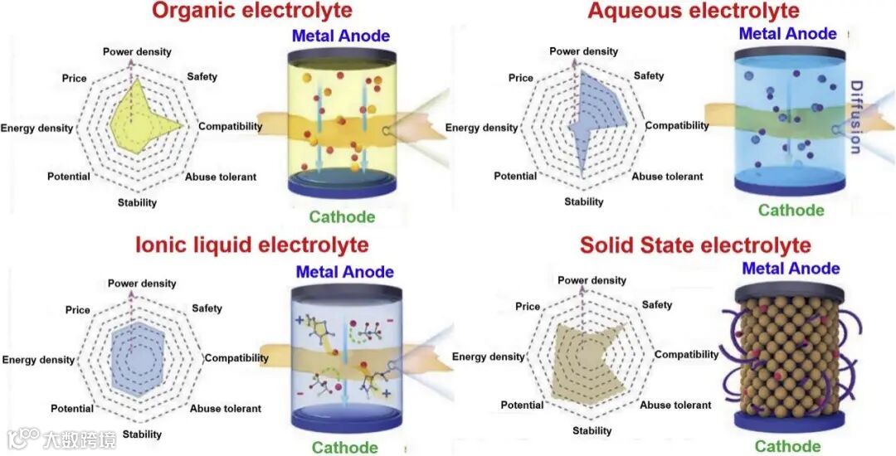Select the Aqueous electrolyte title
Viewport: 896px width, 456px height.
pyautogui.click(x=694, y=11)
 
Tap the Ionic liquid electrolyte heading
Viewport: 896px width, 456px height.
pyautogui.click(x=251, y=245)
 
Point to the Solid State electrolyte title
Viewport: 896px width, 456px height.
pyautogui.click(x=694, y=245)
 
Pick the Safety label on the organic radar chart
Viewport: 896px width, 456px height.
pyautogui.click(x=202, y=76)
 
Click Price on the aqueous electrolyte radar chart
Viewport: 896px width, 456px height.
pyautogui.click(x=521, y=78)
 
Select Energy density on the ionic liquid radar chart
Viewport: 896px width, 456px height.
pyautogui.click(x=37, y=360)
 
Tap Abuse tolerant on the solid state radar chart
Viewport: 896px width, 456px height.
pyautogui.click(x=675, y=405)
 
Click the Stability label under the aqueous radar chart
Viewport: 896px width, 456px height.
pyautogui.click(x=584, y=201)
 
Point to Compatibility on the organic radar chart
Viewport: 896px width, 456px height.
pyautogui.click(x=231, y=127)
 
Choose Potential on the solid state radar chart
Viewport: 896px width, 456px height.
pyautogui.click(x=522, y=405)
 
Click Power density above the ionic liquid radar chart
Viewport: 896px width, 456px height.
pyautogui.click(x=142, y=284)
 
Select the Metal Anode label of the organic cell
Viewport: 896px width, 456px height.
pyautogui.click(x=340, y=36)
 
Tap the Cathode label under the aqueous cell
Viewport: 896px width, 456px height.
pyautogui.click(x=791, y=210)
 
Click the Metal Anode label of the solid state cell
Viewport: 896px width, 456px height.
pyautogui.click(x=791, y=269)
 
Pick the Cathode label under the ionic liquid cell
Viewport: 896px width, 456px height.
pyautogui.click(x=344, y=448)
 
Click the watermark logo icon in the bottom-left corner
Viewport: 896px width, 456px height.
pyautogui.click(x=24, y=437)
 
